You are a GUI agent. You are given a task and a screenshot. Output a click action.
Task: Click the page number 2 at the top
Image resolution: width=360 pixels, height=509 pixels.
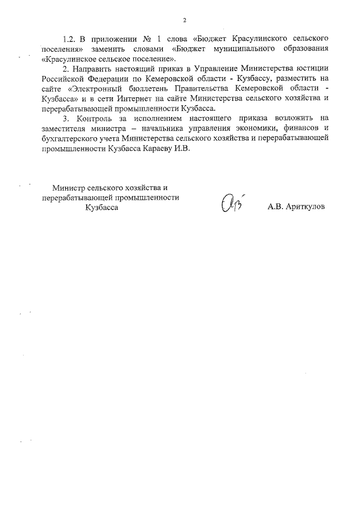[x=184, y=21]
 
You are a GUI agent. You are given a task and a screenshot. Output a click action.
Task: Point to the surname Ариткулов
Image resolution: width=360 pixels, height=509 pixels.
[x=304, y=206]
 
